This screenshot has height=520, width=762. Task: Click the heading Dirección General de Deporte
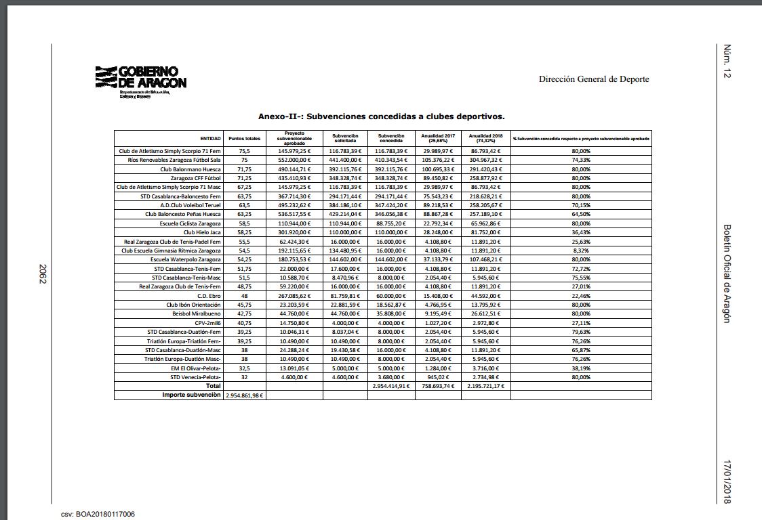coord(593,79)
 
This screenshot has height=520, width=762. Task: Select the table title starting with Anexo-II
coord(382,116)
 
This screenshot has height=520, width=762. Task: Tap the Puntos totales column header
coord(244,138)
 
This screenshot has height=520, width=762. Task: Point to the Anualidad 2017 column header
coord(438,138)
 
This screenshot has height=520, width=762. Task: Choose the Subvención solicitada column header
coord(345,138)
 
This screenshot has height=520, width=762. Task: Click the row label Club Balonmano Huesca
coord(190,169)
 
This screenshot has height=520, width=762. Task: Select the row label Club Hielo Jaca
coord(202,232)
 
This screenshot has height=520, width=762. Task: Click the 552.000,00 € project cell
coord(294,160)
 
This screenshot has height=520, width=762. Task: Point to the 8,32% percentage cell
coord(580,251)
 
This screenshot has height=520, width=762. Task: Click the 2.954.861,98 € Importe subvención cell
coord(244,395)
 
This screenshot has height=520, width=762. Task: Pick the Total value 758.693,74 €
coord(438,386)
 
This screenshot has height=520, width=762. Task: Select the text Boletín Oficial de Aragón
coord(727,274)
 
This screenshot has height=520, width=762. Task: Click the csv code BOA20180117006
coord(98,515)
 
